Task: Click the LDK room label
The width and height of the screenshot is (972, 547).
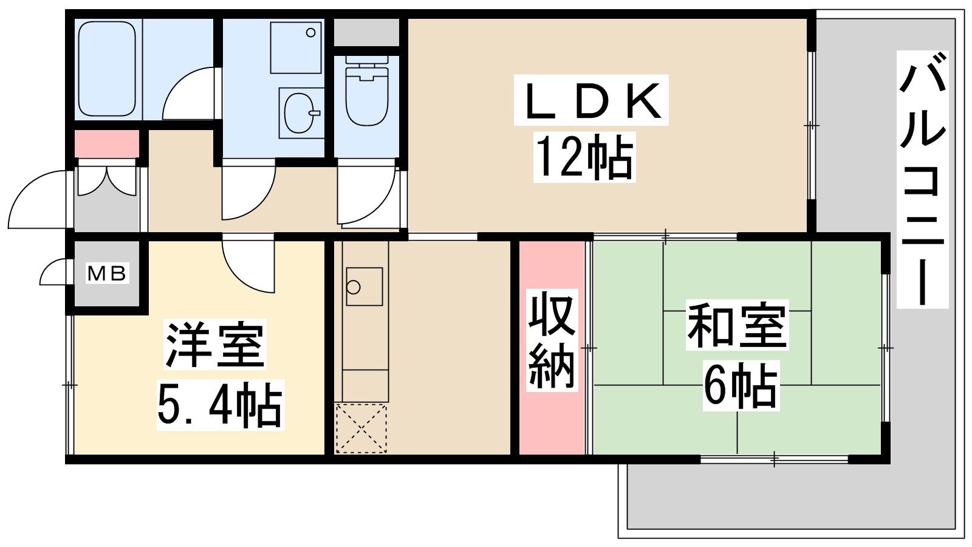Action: click(591, 101)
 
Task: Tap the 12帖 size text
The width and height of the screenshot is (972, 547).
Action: click(584, 157)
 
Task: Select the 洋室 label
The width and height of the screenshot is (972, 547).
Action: click(215, 345)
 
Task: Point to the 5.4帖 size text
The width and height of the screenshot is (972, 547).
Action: click(220, 405)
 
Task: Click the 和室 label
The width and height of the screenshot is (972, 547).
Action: click(737, 325)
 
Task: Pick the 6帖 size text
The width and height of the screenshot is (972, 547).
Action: click(741, 385)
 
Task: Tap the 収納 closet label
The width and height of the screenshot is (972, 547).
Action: click(552, 340)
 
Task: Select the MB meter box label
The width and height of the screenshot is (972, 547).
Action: click(107, 273)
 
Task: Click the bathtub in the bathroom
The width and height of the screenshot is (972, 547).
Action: click(107, 69)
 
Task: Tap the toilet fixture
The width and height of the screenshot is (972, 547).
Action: click(367, 91)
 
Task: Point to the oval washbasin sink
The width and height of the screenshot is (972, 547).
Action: click(300, 113)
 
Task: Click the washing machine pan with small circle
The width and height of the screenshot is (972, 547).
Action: click(296, 48)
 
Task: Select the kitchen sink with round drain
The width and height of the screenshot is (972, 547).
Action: click(364, 286)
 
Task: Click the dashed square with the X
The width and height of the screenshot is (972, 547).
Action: click(361, 428)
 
